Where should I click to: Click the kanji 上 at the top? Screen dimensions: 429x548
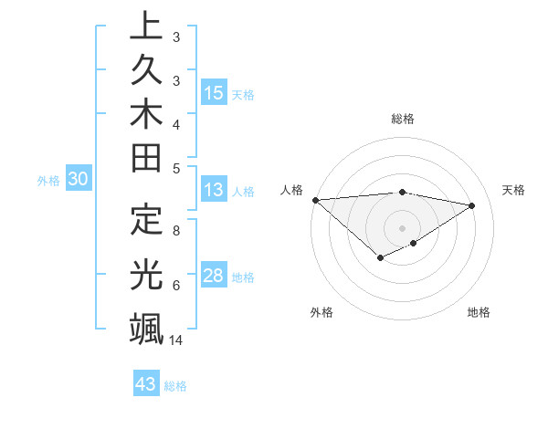coord(146,27)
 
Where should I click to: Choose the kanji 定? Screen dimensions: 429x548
coord(146,220)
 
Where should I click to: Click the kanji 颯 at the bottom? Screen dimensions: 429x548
coord(146,328)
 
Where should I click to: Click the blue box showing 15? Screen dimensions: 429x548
coord(214,93)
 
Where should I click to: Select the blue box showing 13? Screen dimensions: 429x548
coord(214,191)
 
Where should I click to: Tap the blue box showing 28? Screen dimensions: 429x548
coord(214,277)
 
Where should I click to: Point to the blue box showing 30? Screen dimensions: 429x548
coord(79,180)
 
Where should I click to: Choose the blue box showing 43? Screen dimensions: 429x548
coord(146,384)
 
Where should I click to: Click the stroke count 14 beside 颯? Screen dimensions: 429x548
coord(177,340)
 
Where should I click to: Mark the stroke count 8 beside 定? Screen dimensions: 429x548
coord(175,231)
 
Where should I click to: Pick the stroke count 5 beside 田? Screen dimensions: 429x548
coord(175,167)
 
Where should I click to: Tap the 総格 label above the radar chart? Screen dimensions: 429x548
coord(402,119)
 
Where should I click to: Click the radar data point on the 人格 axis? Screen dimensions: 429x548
coord(315,200)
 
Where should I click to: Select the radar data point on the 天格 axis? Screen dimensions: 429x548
coord(472,205)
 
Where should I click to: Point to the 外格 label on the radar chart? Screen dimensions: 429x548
coord(321,312)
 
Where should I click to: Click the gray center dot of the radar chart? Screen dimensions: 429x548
coord(402,227)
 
